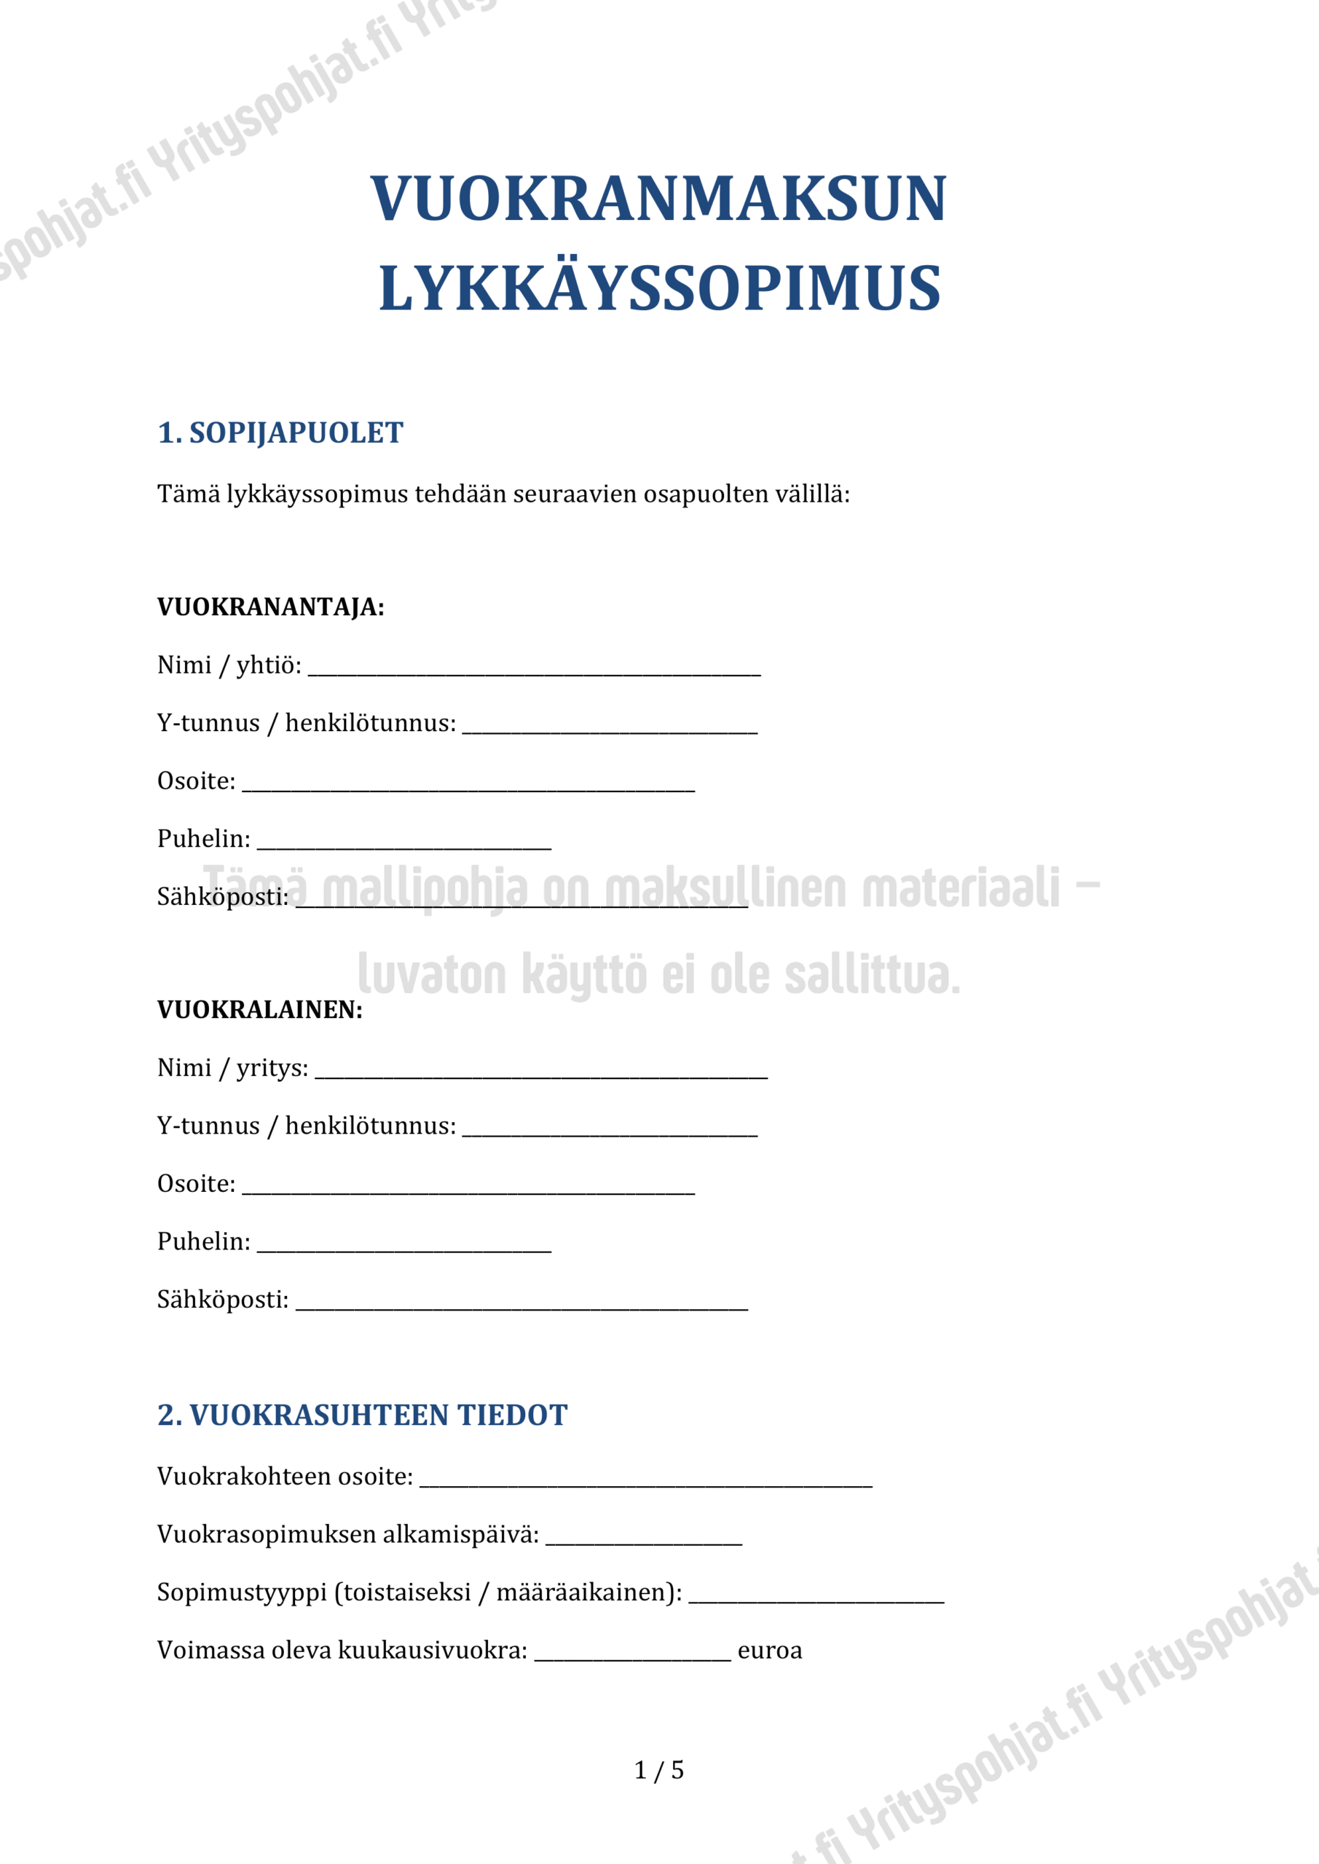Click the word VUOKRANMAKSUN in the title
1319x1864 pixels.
click(x=658, y=199)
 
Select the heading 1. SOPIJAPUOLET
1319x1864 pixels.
click(x=280, y=433)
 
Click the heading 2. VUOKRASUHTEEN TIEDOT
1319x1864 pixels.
click(x=362, y=1415)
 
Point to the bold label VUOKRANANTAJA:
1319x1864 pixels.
click(x=270, y=607)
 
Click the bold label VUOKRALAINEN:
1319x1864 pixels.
click(x=260, y=1010)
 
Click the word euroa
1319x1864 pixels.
click(x=769, y=1651)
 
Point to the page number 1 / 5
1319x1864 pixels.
click(x=658, y=1770)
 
